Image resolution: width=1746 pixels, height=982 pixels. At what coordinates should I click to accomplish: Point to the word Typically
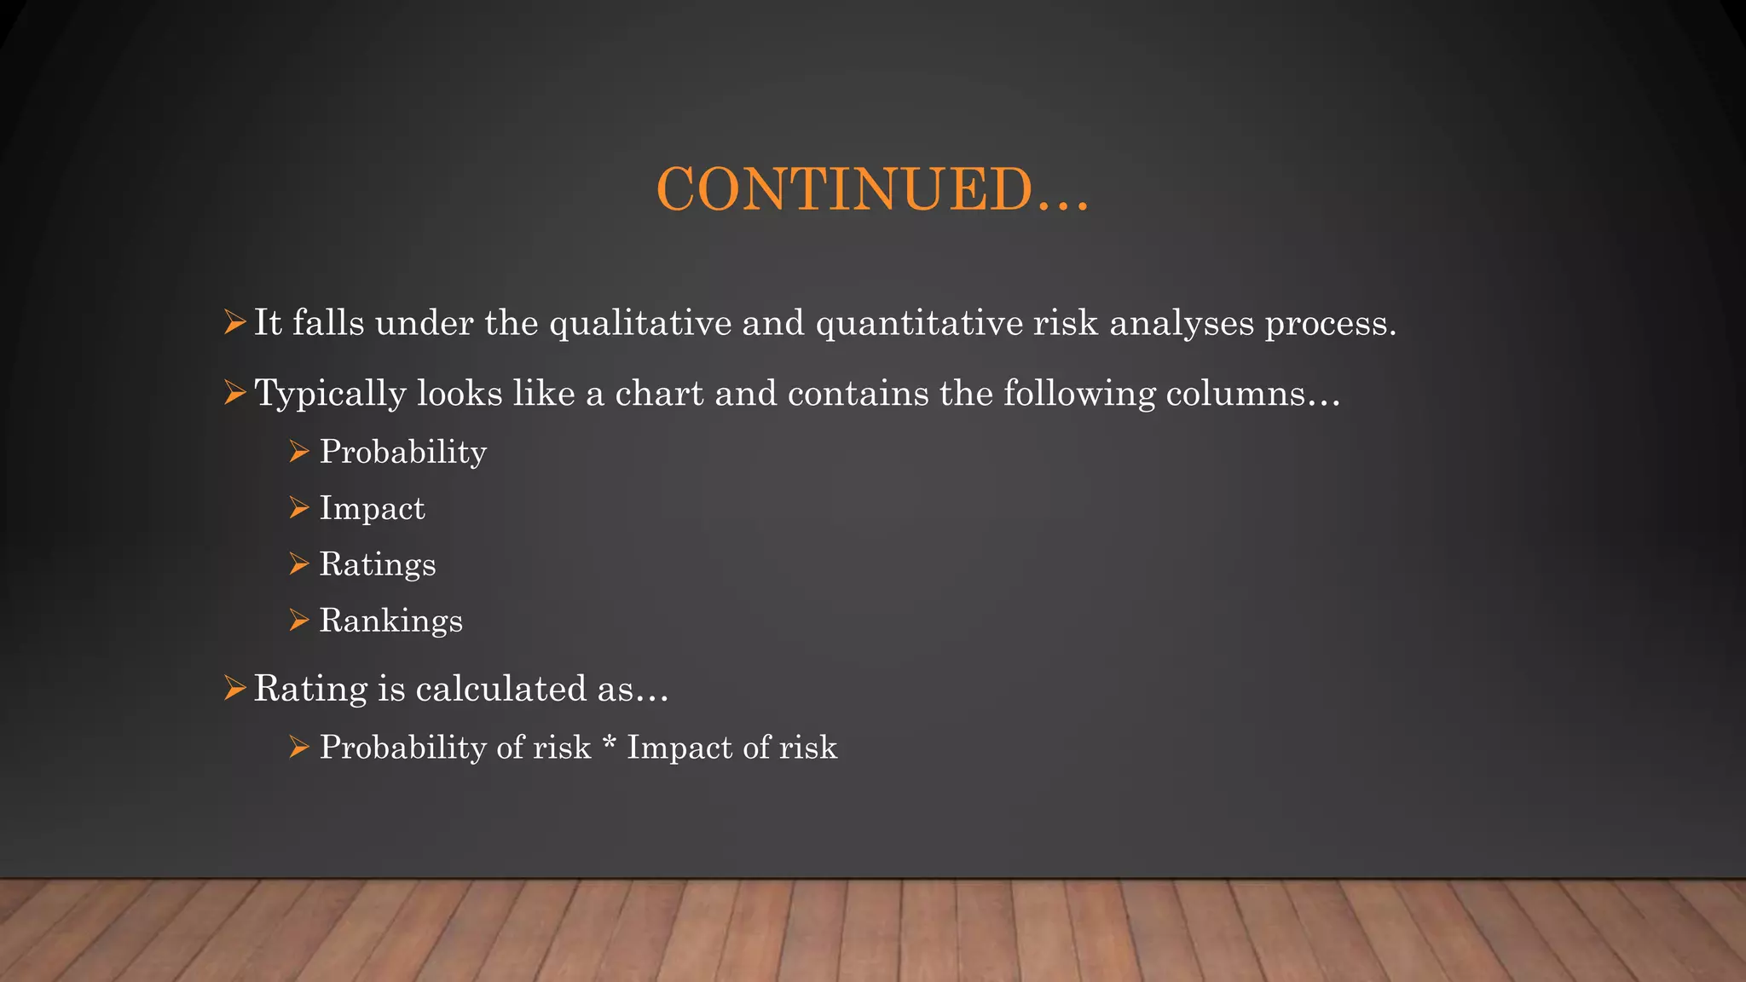tap(330, 395)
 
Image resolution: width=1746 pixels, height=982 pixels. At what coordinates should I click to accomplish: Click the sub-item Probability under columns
tap(402, 453)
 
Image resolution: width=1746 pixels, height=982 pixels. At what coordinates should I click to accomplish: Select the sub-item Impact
tap(372, 509)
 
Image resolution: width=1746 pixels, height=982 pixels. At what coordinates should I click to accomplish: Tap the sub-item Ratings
tap(377, 565)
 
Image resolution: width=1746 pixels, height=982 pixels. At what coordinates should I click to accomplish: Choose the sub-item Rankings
tap(390, 621)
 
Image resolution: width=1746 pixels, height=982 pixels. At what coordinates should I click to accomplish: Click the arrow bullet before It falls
tap(234, 323)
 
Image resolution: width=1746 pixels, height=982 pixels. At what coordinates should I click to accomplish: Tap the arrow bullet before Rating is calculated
tap(234, 688)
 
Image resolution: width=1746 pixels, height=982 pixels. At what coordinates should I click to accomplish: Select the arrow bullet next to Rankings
tap(298, 621)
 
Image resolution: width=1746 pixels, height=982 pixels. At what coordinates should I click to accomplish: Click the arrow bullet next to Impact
tap(298, 508)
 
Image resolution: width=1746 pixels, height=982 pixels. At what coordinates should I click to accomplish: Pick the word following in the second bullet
tap(1078, 395)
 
